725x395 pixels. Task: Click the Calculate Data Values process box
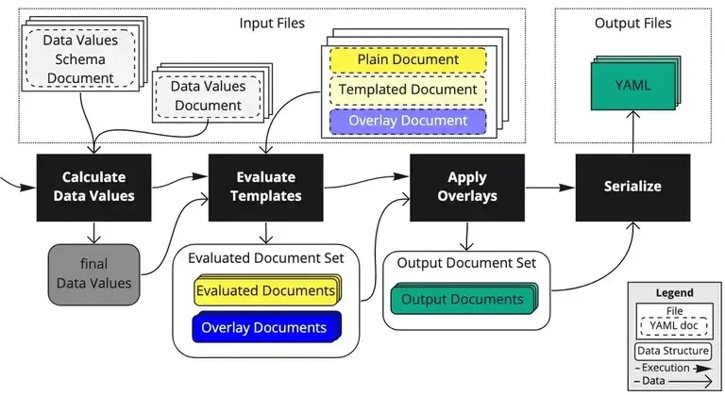tap(93, 187)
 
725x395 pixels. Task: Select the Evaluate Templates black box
tap(265, 187)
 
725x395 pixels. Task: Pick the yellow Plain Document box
tap(408, 60)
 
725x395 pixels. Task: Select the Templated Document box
tap(408, 91)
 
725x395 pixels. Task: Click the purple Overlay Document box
tap(408, 121)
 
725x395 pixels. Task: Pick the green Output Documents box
tap(462, 300)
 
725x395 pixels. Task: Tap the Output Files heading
tap(633, 22)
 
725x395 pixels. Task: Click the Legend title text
tap(674, 293)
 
